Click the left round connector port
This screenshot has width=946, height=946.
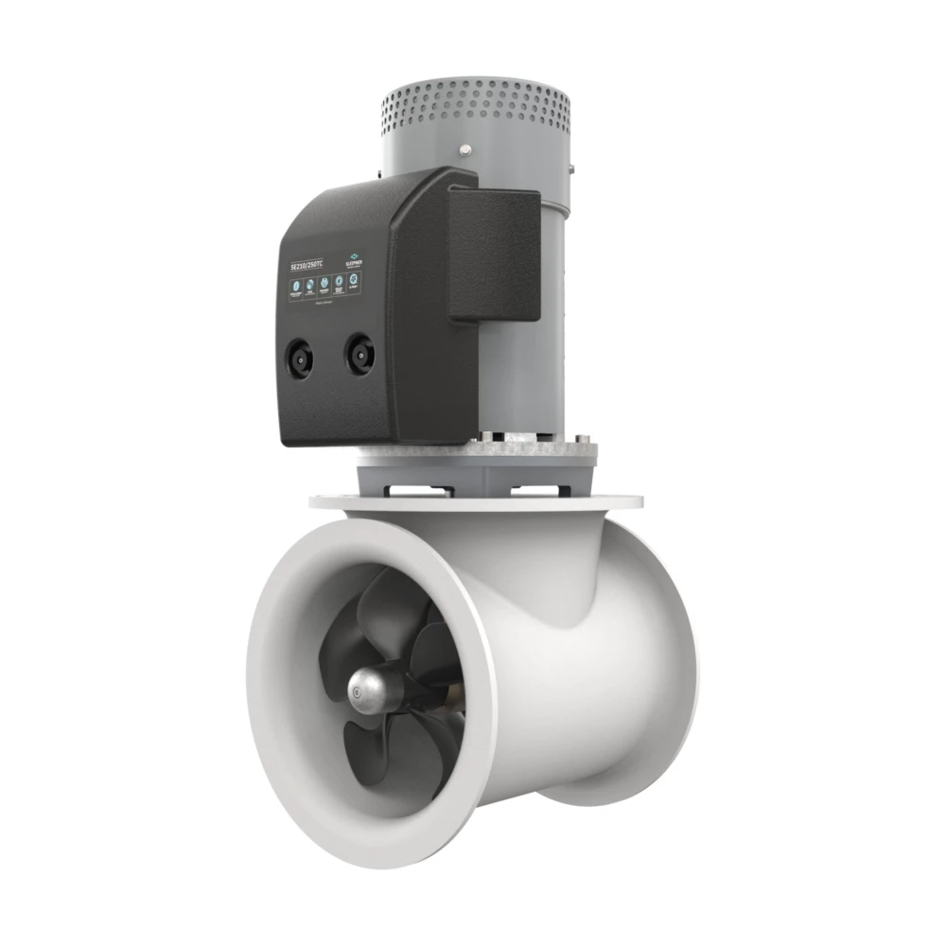coord(299,358)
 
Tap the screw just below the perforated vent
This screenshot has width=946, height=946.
coord(465,149)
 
